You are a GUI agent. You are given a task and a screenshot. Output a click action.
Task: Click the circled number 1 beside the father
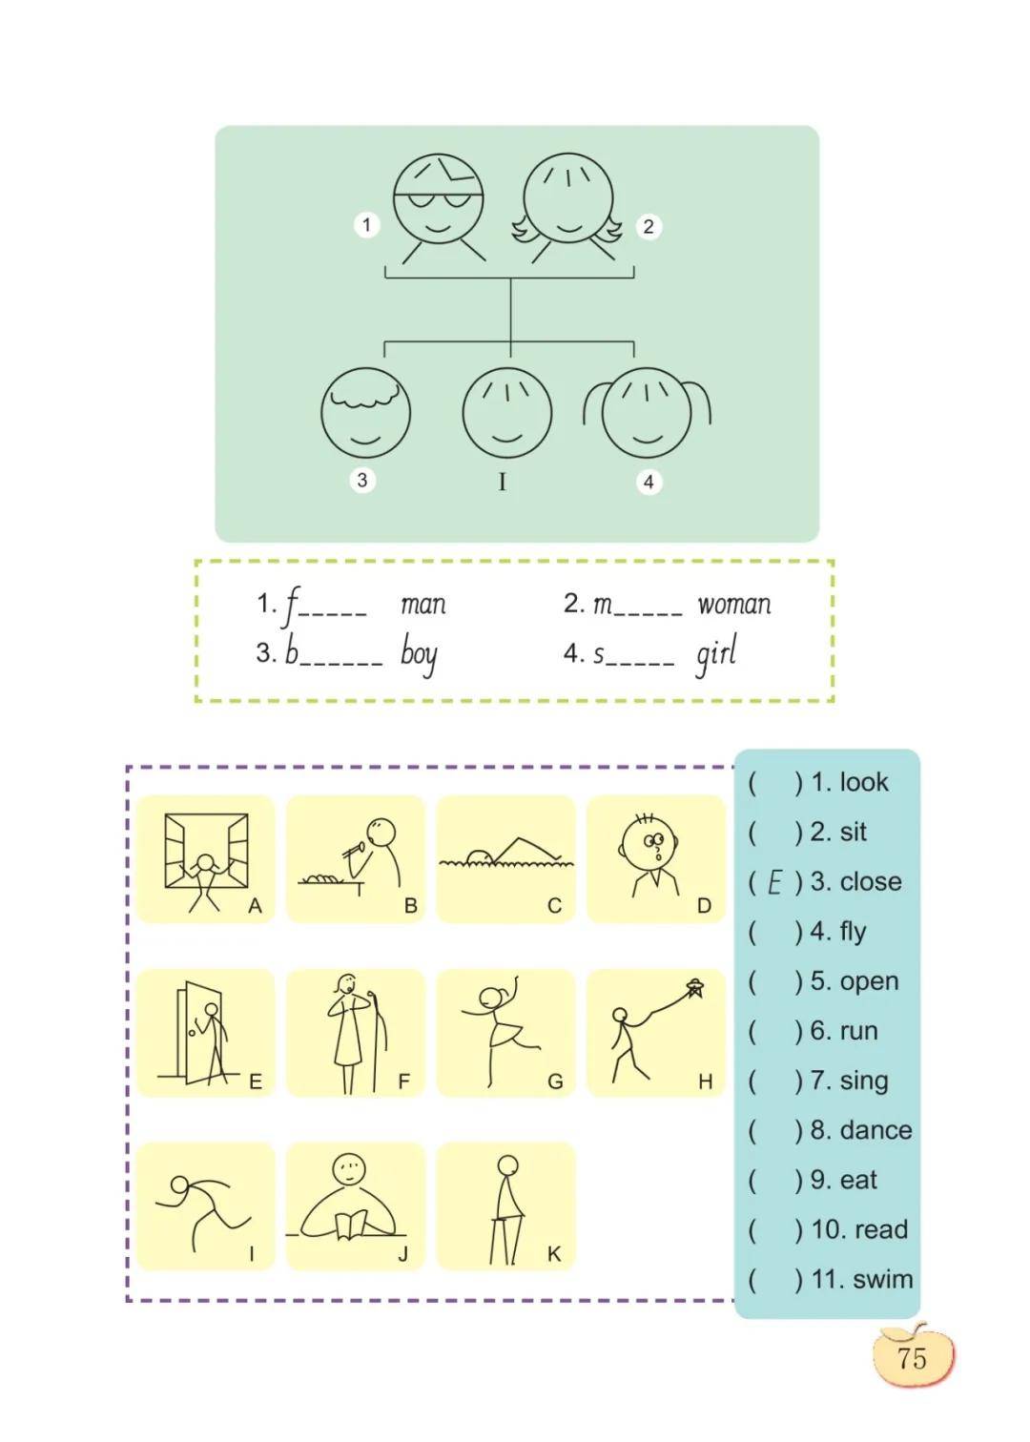(366, 225)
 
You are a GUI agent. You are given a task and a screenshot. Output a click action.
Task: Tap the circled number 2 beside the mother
(649, 226)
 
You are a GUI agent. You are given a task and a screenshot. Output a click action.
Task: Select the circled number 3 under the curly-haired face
(362, 480)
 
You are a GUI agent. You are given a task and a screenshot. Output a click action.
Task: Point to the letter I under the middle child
(502, 482)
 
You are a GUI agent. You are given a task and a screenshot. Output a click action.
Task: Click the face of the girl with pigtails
(647, 413)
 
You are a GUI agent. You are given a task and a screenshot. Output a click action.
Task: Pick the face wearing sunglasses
(439, 198)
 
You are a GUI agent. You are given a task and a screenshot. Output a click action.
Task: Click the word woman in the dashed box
(734, 605)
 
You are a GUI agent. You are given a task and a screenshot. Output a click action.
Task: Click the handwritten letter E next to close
(774, 882)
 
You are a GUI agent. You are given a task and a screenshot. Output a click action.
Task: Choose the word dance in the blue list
(876, 1130)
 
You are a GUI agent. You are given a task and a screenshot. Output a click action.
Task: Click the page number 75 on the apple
(912, 1358)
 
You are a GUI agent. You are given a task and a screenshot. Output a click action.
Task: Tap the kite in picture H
(696, 988)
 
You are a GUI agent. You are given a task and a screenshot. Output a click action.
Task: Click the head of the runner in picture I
(179, 1185)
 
